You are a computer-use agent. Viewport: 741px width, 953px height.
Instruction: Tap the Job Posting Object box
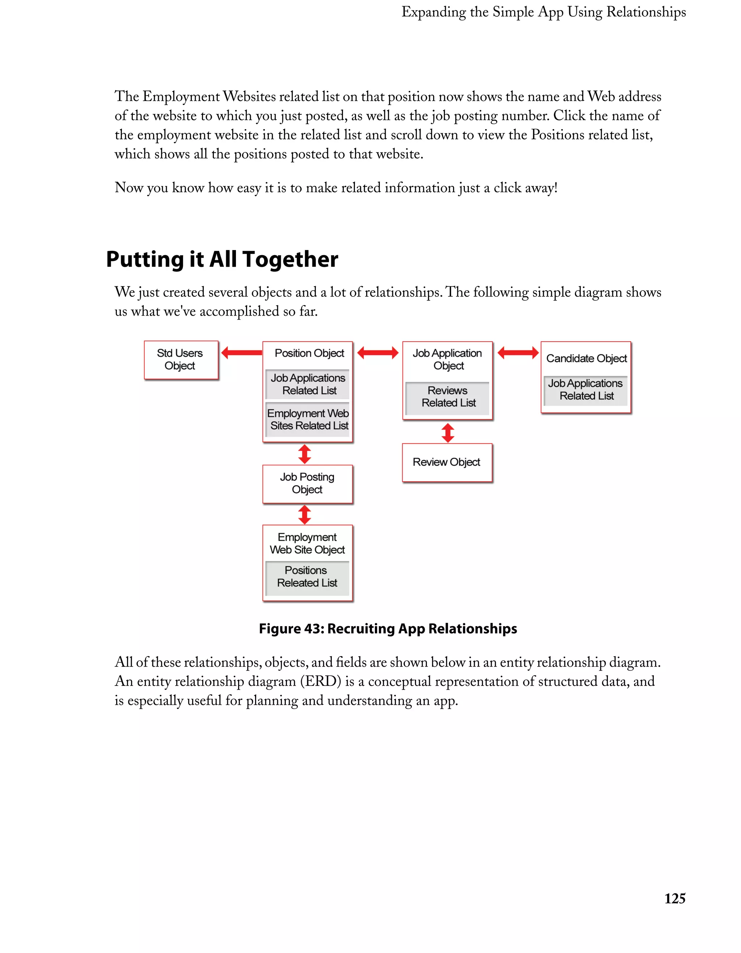307,484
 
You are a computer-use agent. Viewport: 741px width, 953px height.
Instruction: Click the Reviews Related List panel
448,397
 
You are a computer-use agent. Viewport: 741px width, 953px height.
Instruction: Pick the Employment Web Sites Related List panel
308,419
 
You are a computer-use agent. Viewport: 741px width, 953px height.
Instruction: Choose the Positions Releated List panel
307,577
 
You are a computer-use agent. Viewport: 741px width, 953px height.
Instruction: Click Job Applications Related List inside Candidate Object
586,390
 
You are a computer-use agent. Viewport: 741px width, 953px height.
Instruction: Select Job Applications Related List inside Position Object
308,384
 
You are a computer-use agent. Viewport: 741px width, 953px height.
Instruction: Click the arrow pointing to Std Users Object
241,353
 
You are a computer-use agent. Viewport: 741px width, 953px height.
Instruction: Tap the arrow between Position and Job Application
378,353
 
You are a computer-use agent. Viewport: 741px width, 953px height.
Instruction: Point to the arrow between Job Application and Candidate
518,353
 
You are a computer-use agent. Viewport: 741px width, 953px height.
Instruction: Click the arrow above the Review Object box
448,433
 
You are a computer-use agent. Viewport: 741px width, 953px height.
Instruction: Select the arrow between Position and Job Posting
304,454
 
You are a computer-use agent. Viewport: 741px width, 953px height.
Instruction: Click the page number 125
674,898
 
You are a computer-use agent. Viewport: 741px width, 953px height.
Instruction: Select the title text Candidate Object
586,358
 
